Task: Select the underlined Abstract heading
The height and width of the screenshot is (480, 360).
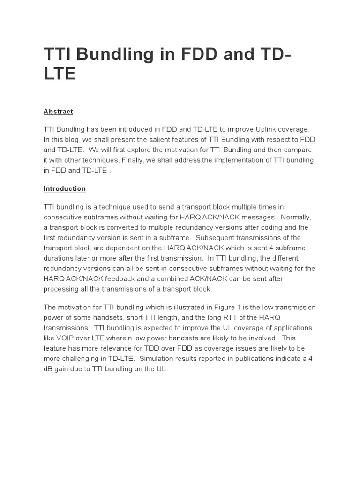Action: (58, 112)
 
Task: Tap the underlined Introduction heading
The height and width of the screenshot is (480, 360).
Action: (65, 188)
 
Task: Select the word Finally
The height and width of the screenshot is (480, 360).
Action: (133, 160)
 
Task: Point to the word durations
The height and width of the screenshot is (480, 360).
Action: (59, 258)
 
